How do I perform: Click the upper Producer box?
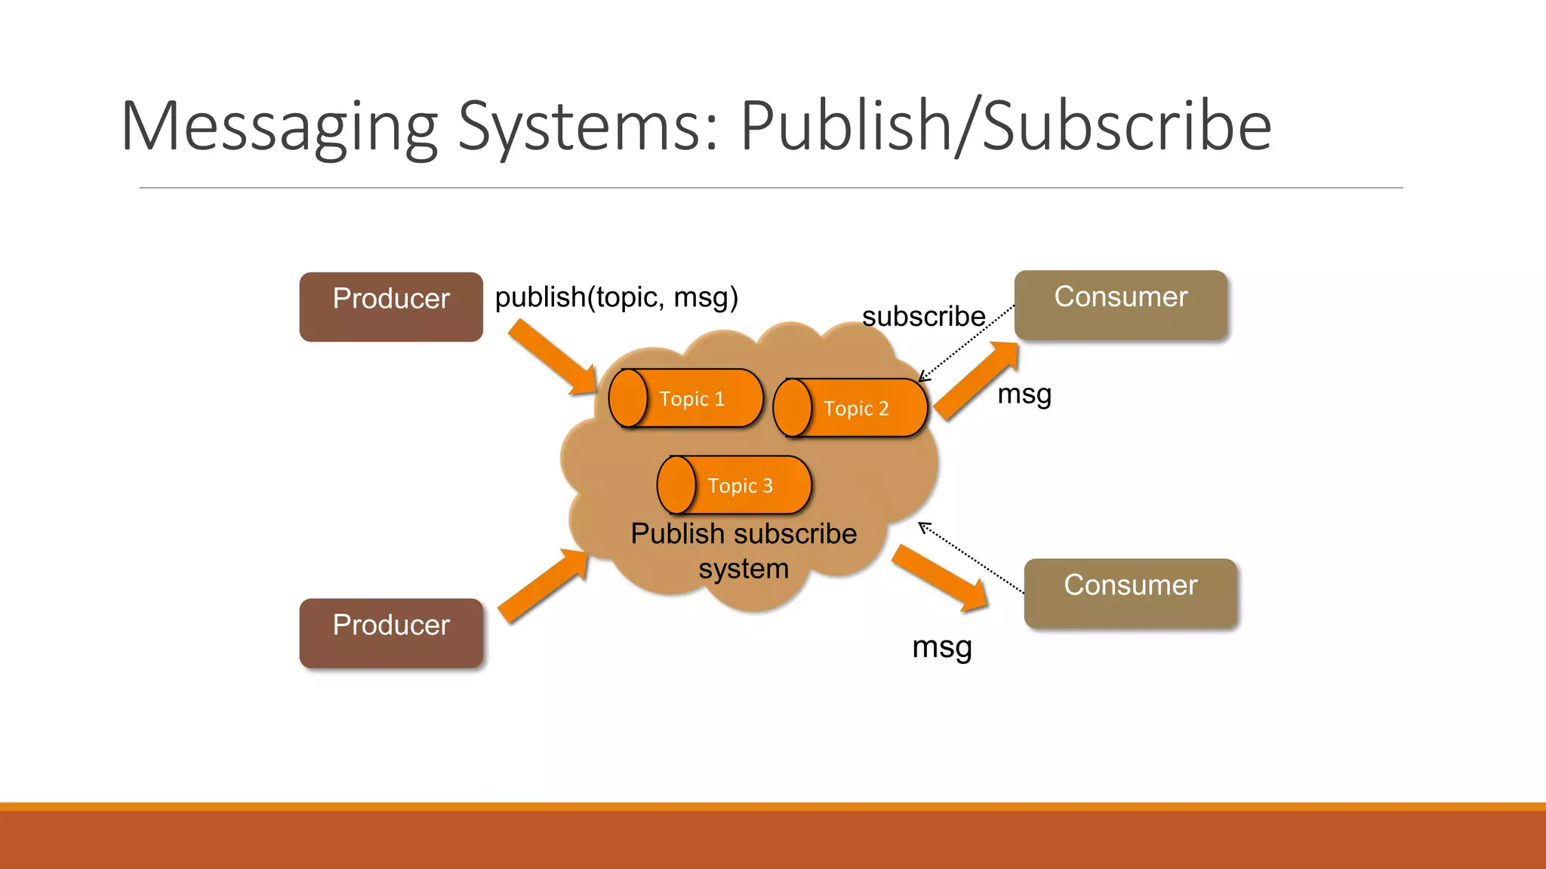click(x=391, y=306)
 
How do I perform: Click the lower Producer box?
click(x=391, y=632)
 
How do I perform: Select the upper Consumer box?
click(x=1120, y=304)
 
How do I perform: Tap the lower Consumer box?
click(x=1130, y=593)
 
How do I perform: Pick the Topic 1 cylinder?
click(x=685, y=398)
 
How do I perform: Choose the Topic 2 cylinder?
click(x=850, y=408)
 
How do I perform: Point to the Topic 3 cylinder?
click(x=734, y=485)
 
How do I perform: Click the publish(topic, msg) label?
click(x=616, y=297)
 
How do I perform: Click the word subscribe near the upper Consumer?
click(x=923, y=316)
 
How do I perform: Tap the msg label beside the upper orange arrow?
click(x=1024, y=394)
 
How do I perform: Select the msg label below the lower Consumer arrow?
click(x=941, y=646)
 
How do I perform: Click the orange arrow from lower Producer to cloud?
click(x=543, y=585)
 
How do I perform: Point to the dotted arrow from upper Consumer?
click(x=966, y=343)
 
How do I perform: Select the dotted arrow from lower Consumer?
click(x=971, y=557)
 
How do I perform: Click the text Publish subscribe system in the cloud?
click(x=744, y=551)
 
